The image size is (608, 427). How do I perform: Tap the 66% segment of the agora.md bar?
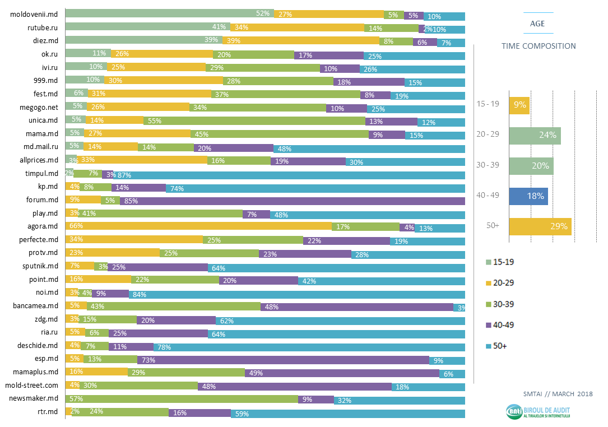[198, 227]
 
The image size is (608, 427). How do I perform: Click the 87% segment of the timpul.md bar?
[289, 174]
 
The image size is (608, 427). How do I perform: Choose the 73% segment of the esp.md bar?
[283, 360]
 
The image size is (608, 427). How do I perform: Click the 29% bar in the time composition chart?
[540, 227]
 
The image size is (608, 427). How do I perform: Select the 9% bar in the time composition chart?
[519, 104]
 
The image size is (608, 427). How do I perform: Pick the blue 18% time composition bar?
[528, 196]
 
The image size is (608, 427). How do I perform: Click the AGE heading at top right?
[537, 24]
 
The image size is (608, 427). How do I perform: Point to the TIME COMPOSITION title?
[539, 46]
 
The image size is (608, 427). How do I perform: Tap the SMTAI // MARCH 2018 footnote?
[557, 394]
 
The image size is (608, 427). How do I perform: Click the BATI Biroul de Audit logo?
[539, 412]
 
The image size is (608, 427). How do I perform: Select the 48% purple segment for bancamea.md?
[357, 307]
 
